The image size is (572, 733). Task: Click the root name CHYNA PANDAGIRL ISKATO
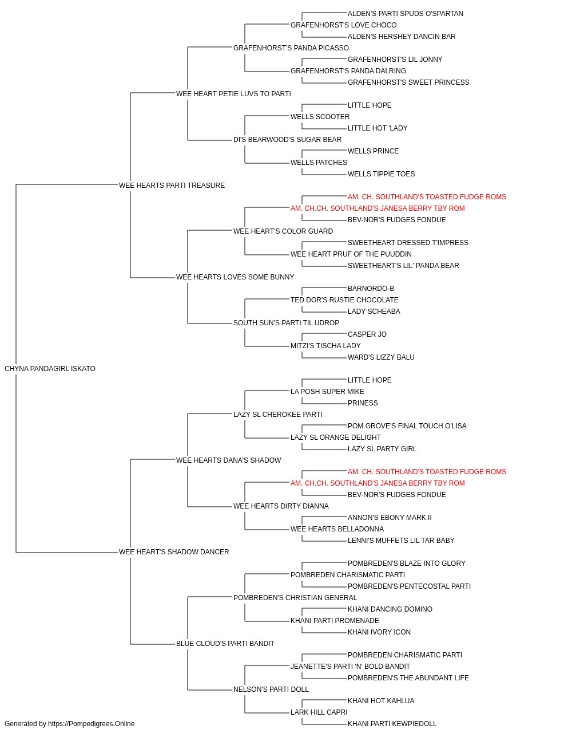point(50,369)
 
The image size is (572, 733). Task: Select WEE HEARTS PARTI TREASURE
point(172,186)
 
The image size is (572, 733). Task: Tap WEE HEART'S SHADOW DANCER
point(174,552)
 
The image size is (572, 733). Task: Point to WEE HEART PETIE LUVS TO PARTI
point(233,94)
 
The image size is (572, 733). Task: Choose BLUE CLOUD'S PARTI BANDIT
point(225,644)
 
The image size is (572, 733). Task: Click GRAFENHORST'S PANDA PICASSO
point(291,48)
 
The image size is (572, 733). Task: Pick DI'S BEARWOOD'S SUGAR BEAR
point(287,140)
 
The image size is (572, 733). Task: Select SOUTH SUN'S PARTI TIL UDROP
point(287,323)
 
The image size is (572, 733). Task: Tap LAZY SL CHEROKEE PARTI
point(278,415)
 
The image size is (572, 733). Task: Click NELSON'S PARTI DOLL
point(271,689)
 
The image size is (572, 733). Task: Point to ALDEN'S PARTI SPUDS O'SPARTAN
point(405,14)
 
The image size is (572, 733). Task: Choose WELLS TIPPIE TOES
point(382,174)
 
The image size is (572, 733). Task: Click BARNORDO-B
point(371,289)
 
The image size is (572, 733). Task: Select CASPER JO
point(367,334)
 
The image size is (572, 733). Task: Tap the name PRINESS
point(363,403)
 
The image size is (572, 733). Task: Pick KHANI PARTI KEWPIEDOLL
point(392,724)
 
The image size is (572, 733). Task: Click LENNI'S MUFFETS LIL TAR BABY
point(401,541)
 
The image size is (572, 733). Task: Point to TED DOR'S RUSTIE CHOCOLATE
point(344,300)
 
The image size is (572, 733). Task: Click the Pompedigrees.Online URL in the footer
point(92,724)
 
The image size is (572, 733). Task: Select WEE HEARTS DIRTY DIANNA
point(281,506)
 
